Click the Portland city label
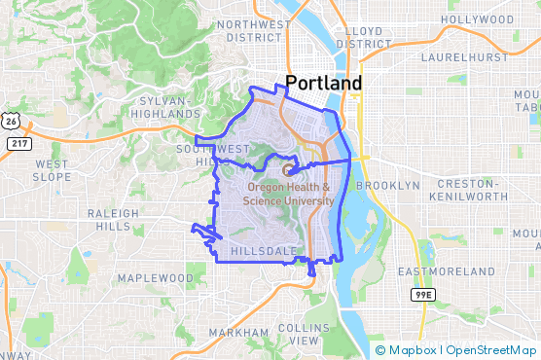[x=323, y=83]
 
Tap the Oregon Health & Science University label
[x=290, y=195]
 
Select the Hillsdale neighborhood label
[x=263, y=251]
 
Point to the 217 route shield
[x=18, y=143]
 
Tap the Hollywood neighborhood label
[x=477, y=19]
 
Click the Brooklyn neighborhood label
[x=387, y=185]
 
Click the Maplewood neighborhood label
[x=156, y=278]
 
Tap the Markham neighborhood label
[x=237, y=333]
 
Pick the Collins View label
[x=298, y=334]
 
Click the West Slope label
[x=51, y=170]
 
